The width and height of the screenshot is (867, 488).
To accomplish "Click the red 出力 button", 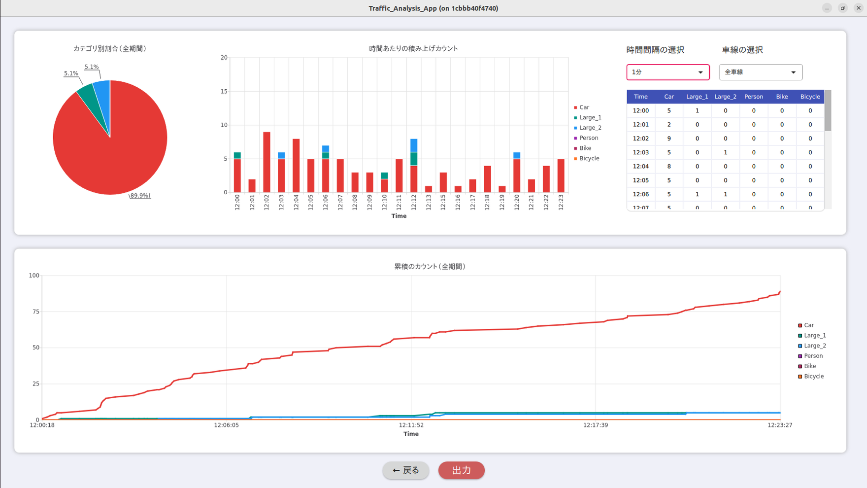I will coord(461,470).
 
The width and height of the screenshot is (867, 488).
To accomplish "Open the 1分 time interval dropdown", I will coord(667,72).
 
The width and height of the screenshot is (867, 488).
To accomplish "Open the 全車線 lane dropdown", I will coord(760,72).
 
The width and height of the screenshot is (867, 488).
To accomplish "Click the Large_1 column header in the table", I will coord(697,97).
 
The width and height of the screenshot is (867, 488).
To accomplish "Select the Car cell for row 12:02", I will coord(668,139).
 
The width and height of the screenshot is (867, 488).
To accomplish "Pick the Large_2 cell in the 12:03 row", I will coord(725,152).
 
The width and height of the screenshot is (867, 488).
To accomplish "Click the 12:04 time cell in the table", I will coord(640,167).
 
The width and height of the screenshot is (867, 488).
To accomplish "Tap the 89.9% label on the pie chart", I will coord(140,196).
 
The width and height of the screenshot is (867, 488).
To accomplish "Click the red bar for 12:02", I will coord(267,162).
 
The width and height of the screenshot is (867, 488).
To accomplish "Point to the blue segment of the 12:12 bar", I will coord(414,145).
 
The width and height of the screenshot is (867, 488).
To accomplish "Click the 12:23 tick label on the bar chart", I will coord(561,203).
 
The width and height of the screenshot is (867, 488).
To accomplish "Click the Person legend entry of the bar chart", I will coord(588,138).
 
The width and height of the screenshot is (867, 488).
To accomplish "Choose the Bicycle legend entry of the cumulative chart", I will coord(813,376).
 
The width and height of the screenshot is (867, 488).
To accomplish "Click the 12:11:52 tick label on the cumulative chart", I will coord(411,425).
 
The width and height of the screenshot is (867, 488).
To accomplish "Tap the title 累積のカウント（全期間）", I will coord(430,267).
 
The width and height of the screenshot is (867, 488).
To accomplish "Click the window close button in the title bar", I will coord(858,8).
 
